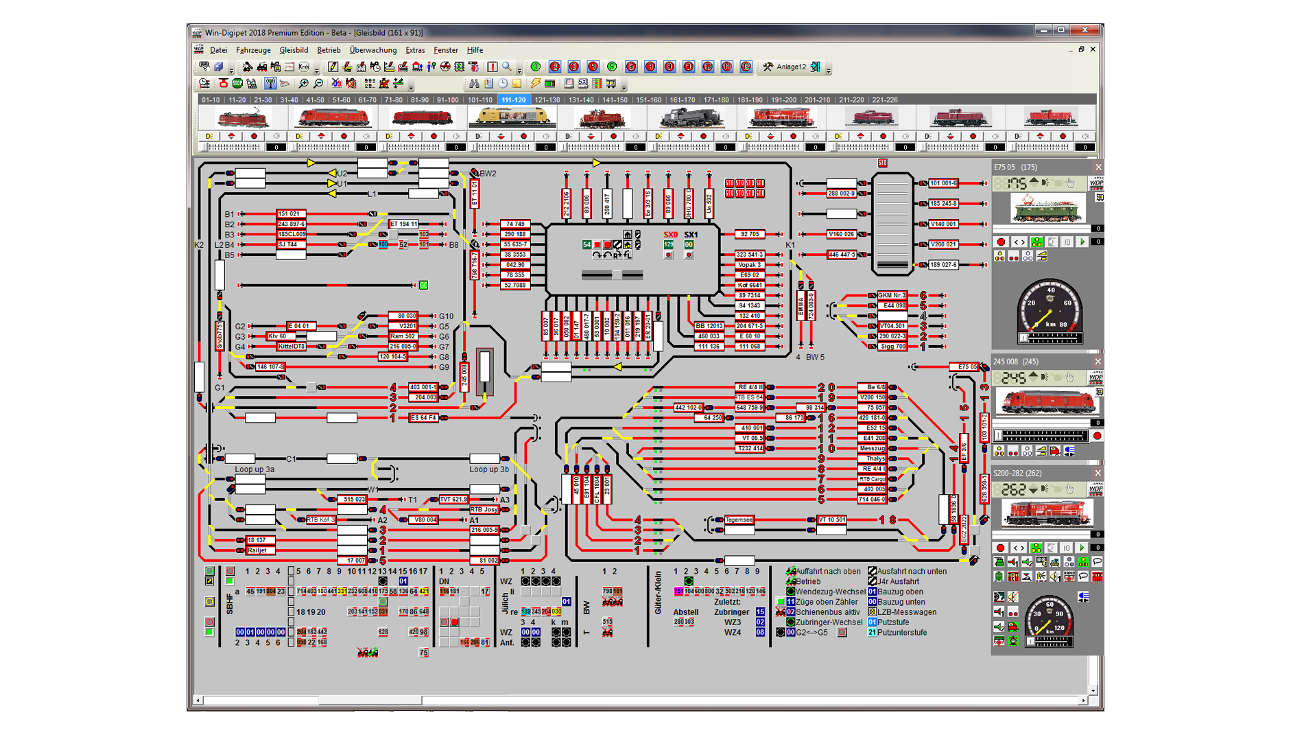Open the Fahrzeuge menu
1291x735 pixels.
[x=253, y=50]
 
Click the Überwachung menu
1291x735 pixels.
[x=372, y=50]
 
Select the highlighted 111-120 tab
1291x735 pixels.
[x=513, y=100]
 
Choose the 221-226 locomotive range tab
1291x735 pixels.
[x=884, y=100]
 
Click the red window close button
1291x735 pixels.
[x=1085, y=30]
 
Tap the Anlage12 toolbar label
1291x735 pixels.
[x=791, y=67]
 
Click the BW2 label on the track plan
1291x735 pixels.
[x=488, y=174]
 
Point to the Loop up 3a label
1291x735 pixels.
[x=254, y=469]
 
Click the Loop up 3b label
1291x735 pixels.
[x=489, y=469]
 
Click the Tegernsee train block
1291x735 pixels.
[x=739, y=520]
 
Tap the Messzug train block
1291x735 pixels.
[x=873, y=448]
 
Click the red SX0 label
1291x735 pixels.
[x=670, y=235]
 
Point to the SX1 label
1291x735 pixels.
[x=691, y=235]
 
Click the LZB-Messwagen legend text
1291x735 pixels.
[x=906, y=612]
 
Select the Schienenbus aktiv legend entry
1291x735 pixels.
[x=827, y=612]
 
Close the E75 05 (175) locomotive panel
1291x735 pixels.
[x=1098, y=167]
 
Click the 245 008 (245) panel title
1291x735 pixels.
[x=1016, y=362]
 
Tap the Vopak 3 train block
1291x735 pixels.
[x=749, y=265]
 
